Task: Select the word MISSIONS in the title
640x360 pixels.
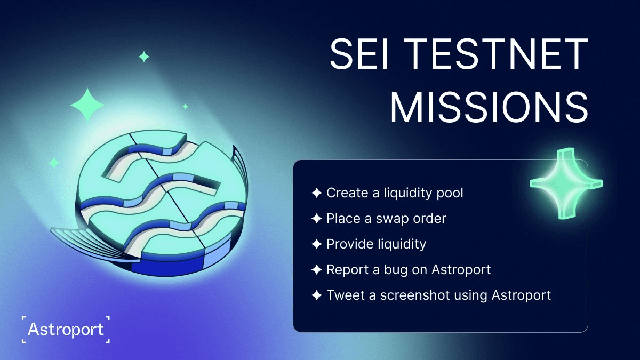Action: [x=489, y=107]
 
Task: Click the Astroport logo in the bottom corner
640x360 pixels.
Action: [x=66, y=330]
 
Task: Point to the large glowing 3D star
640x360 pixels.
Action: [x=566, y=183]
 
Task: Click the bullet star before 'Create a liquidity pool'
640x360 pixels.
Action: [x=317, y=193]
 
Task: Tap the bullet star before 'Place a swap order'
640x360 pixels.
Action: [x=317, y=219]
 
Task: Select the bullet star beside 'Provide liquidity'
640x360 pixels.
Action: [x=317, y=244]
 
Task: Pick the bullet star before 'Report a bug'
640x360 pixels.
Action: [x=317, y=269]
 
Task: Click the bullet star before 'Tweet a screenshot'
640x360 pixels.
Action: [x=317, y=295]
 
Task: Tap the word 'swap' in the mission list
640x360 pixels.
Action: [x=388, y=219]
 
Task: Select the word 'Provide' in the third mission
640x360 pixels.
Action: [x=350, y=244]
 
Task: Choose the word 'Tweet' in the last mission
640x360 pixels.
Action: [x=346, y=295]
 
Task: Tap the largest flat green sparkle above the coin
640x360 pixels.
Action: [x=87, y=105]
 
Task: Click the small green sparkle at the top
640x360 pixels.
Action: [x=143, y=57]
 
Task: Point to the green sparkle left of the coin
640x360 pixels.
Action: [x=54, y=163]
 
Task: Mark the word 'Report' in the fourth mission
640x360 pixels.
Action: [x=347, y=270]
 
